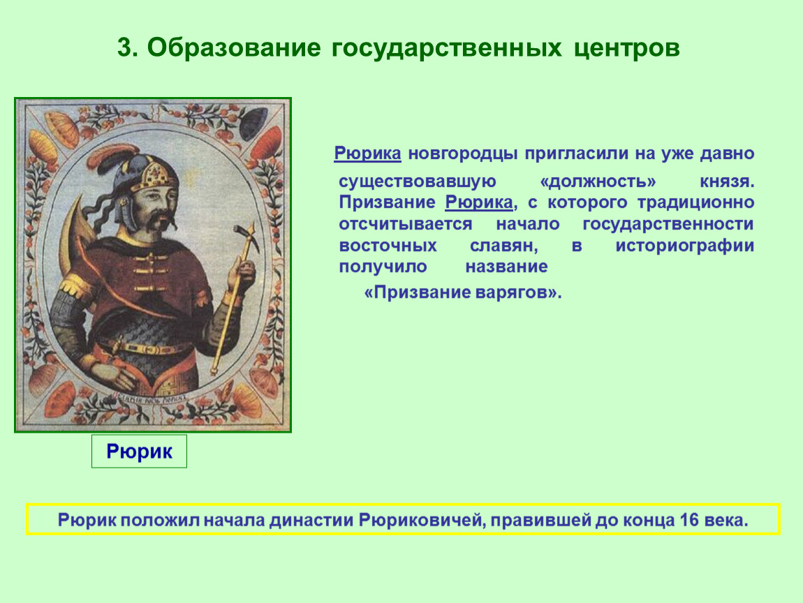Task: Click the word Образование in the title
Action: [234, 47]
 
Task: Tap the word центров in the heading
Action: [626, 49]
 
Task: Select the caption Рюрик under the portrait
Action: [139, 452]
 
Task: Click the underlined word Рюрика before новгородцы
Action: [368, 153]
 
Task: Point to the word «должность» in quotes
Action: [598, 181]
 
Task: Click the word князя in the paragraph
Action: [727, 181]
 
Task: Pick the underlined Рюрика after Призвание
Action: [479, 202]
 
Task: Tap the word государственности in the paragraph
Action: [668, 224]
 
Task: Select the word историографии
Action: [685, 246]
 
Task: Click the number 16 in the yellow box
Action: [690, 520]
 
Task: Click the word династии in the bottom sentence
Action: [311, 520]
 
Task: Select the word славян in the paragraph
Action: [504, 246]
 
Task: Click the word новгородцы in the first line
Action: [463, 154]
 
